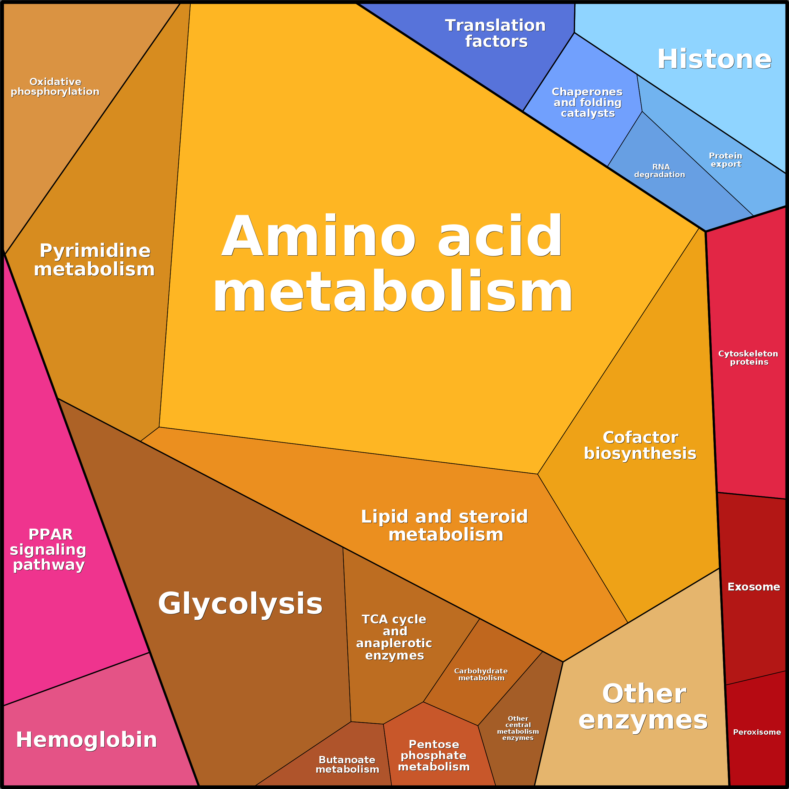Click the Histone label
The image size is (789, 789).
click(x=714, y=59)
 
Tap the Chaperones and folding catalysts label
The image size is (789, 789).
click(x=587, y=102)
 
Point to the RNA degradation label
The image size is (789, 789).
click(x=660, y=171)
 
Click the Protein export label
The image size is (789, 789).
click(x=725, y=160)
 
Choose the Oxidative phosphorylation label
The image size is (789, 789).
click(x=55, y=87)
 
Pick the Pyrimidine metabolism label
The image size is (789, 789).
click(x=95, y=260)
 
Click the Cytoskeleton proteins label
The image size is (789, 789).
click(x=748, y=358)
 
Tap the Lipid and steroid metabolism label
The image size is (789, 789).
click(x=444, y=525)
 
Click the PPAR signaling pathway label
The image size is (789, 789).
click(x=48, y=549)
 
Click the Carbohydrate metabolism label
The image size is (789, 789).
click(x=481, y=674)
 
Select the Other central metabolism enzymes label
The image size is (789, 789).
click(x=518, y=728)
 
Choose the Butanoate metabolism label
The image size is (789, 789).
click(x=347, y=764)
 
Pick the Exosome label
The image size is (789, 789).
click(x=754, y=587)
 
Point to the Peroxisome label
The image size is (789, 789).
click(x=757, y=732)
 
